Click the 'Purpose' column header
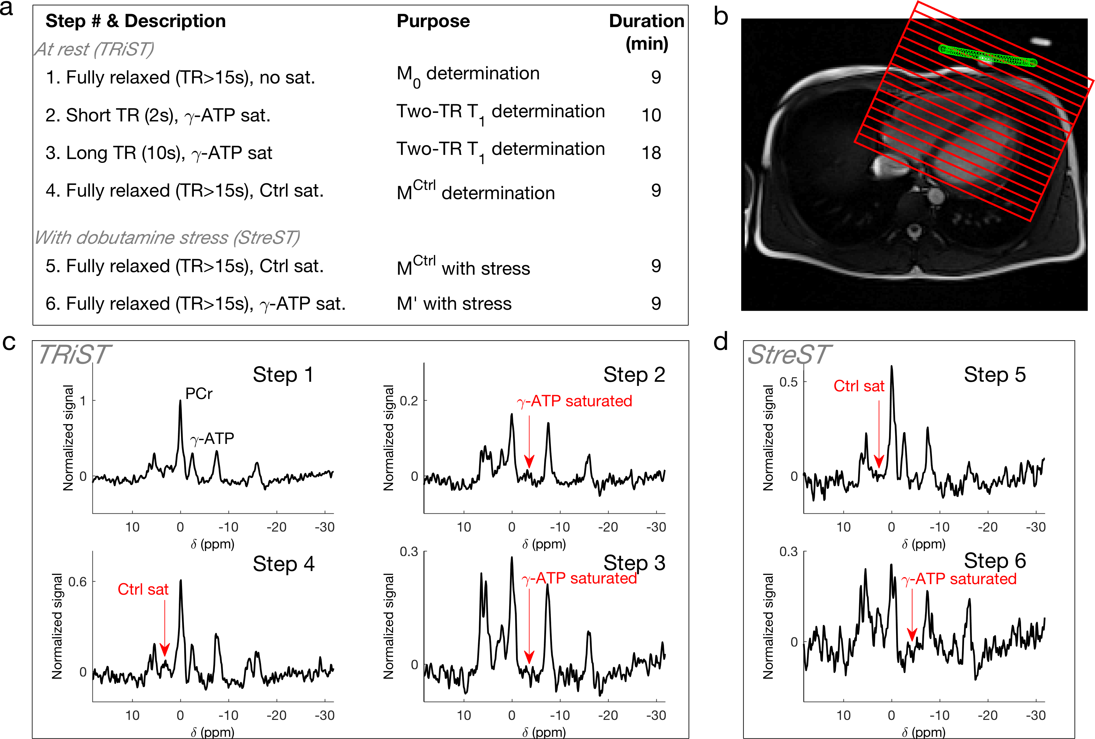[433, 21]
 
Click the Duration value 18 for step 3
[651, 153]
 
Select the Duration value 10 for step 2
[651, 115]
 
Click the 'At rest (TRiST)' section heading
[94, 49]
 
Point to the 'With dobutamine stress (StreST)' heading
[167, 237]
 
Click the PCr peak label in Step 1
[198, 393]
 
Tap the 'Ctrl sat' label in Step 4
[143, 589]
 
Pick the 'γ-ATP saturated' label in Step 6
[959, 579]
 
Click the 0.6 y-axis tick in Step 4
[78, 582]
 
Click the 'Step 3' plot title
[634, 563]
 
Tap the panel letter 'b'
[721, 17]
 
